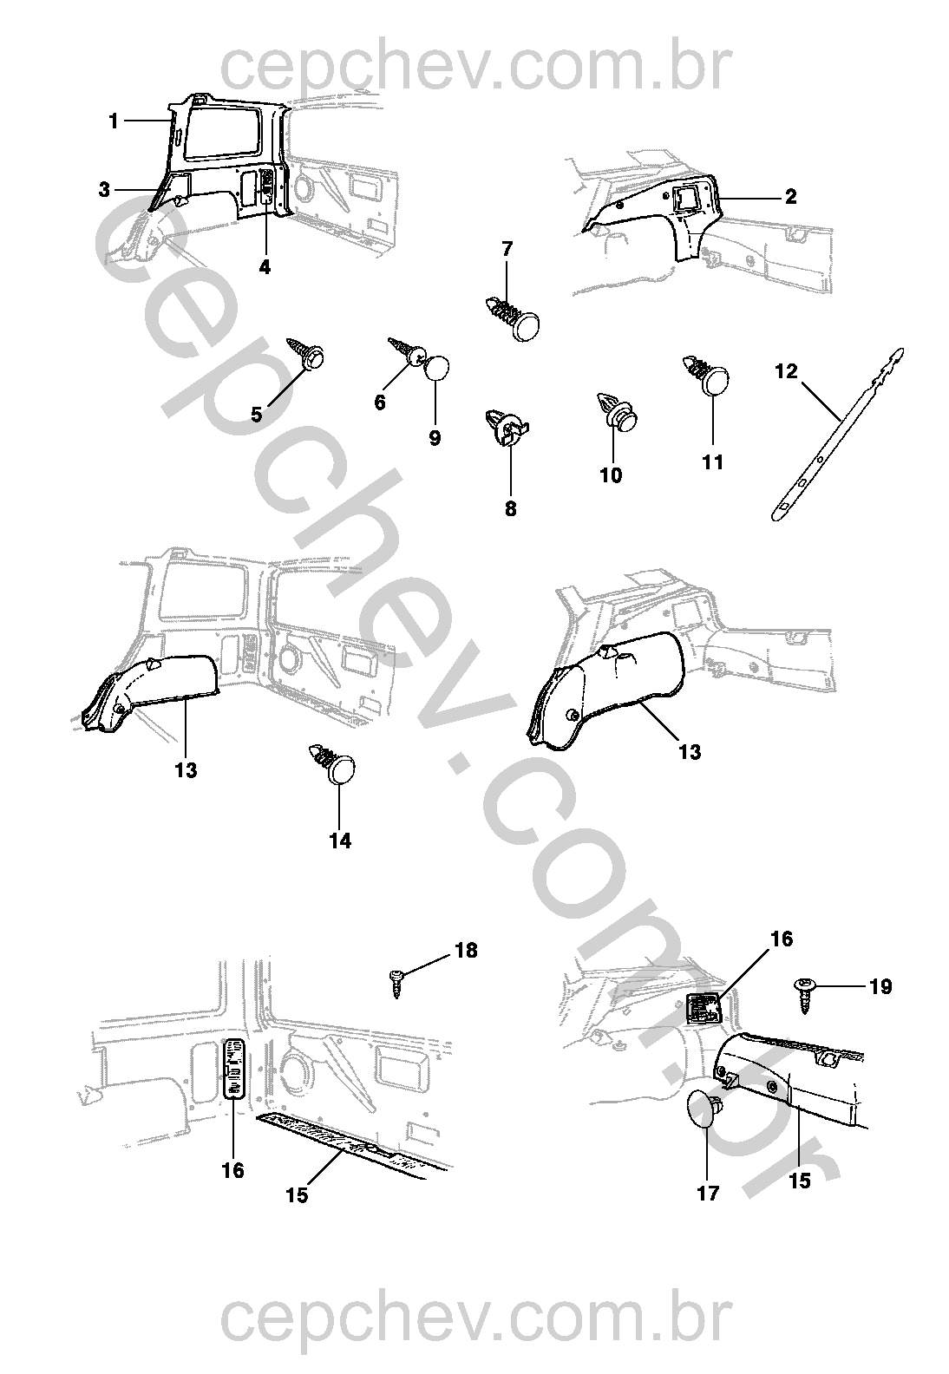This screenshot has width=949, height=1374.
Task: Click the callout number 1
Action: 113,121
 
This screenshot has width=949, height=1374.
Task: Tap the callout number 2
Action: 790,197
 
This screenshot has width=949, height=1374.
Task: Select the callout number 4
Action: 265,268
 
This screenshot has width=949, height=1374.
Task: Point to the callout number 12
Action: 785,371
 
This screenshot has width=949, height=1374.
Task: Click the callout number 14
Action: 340,841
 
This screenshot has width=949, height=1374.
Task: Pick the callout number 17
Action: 708,1194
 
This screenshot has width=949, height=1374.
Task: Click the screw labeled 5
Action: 309,354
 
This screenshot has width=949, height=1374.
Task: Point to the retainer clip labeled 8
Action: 507,426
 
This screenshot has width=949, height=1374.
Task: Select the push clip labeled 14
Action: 333,762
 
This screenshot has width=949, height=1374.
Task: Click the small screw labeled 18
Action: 396,981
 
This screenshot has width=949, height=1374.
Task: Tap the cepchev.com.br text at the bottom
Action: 474,1320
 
